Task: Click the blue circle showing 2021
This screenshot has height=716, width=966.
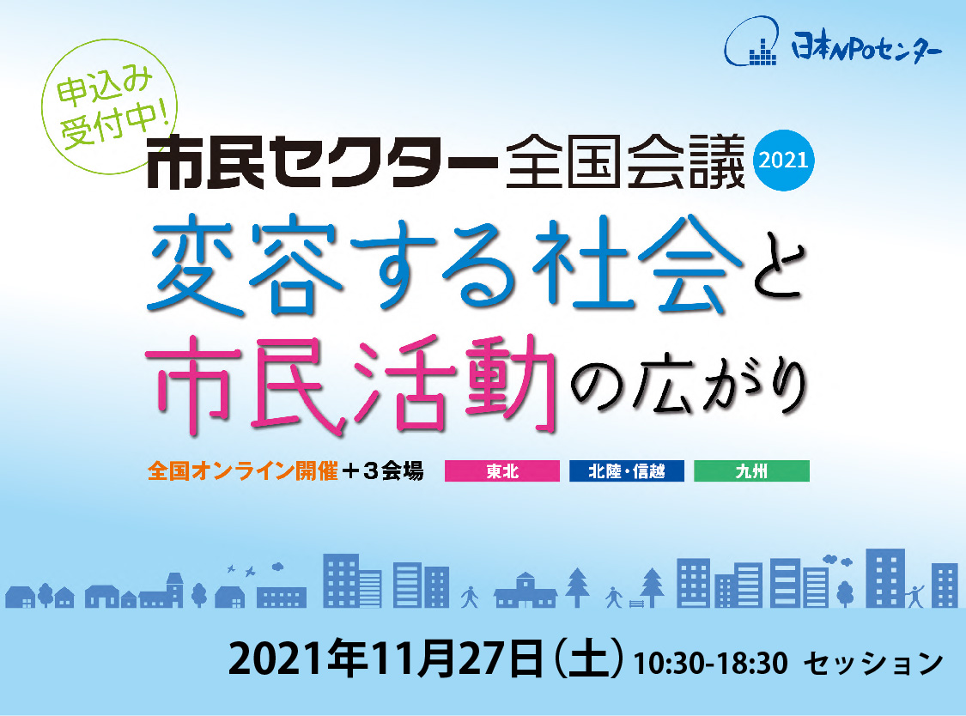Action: pyautogui.click(x=784, y=161)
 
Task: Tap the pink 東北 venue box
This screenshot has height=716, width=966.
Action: pyautogui.click(x=502, y=471)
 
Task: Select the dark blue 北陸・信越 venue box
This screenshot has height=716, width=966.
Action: pyautogui.click(x=627, y=471)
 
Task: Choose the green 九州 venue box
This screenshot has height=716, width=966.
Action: pyautogui.click(x=751, y=471)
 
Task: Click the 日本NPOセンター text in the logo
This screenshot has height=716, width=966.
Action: pyautogui.click(x=866, y=47)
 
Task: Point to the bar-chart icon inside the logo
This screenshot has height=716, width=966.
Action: pyautogui.click(x=762, y=53)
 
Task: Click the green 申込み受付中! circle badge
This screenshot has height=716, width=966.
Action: pyautogui.click(x=109, y=106)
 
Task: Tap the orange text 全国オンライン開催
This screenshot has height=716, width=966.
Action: pyautogui.click(x=243, y=471)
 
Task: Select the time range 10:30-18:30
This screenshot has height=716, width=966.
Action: pyautogui.click(x=710, y=664)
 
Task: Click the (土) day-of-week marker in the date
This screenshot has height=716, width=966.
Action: pyautogui.click(x=589, y=660)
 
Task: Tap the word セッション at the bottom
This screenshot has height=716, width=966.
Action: pyautogui.click(x=873, y=664)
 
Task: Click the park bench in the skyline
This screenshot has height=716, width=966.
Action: pyautogui.click(x=637, y=604)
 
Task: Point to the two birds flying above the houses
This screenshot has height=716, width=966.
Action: pyautogui.click(x=240, y=569)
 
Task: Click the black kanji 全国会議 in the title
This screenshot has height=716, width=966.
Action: pyautogui.click(x=625, y=162)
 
